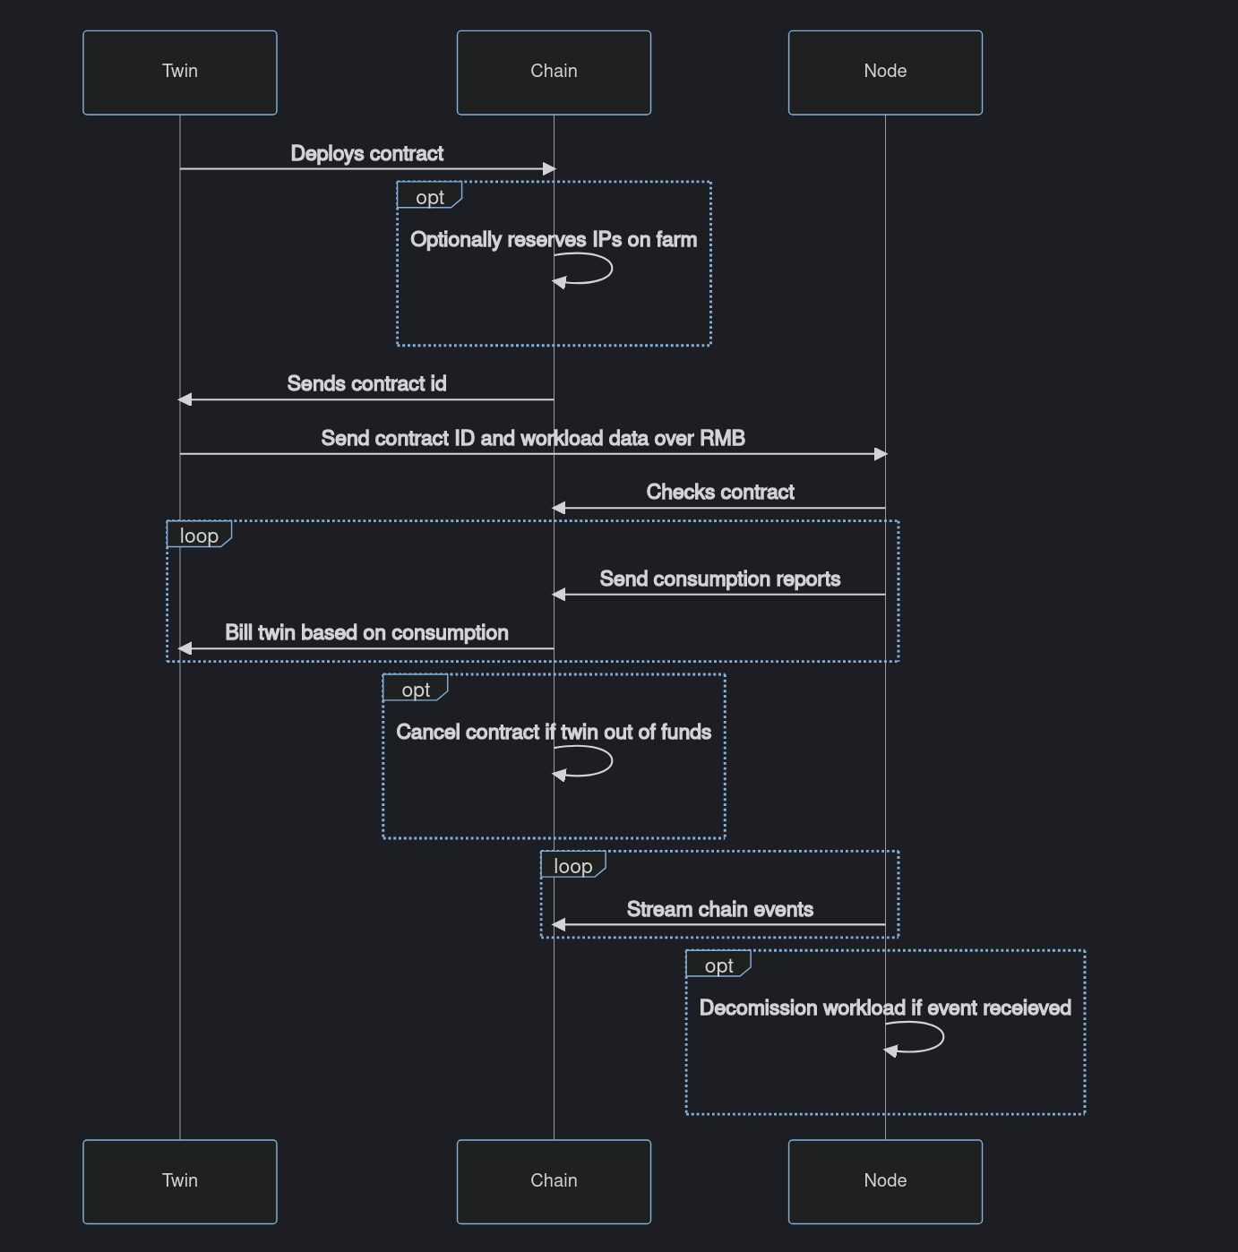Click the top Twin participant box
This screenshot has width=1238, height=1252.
(x=179, y=73)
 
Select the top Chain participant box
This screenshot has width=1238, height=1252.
(x=554, y=73)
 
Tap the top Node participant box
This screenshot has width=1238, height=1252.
(x=885, y=73)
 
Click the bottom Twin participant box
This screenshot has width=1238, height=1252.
(x=179, y=1181)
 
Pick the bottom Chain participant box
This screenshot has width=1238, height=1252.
(x=554, y=1181)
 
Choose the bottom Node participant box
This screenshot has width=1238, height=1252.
(x=885, y=1181)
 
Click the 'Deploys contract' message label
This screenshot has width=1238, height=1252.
(x=366, y=154)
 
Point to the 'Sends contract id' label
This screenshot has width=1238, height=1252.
(x=366, y=384)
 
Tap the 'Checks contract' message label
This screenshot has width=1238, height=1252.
(x=720, y=493)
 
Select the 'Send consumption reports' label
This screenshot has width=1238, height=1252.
(x=720, y=579)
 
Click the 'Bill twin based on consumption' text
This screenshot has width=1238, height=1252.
(x=366, y=633)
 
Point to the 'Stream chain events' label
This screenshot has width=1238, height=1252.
(x=720, y=910)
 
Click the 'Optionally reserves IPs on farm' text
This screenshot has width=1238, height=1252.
(x=554, y=240)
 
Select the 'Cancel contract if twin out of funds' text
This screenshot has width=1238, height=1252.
(x=554, y=733)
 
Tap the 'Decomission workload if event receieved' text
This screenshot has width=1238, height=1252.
(x=885, y=1008)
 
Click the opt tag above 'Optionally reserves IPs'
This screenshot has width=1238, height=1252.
(x=430, y=197)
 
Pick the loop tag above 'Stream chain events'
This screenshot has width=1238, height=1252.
(x=572, y=866)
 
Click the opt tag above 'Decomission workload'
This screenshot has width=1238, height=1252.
(x=718, y=965)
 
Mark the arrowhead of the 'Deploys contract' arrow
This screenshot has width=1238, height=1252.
(x=549, y=168)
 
